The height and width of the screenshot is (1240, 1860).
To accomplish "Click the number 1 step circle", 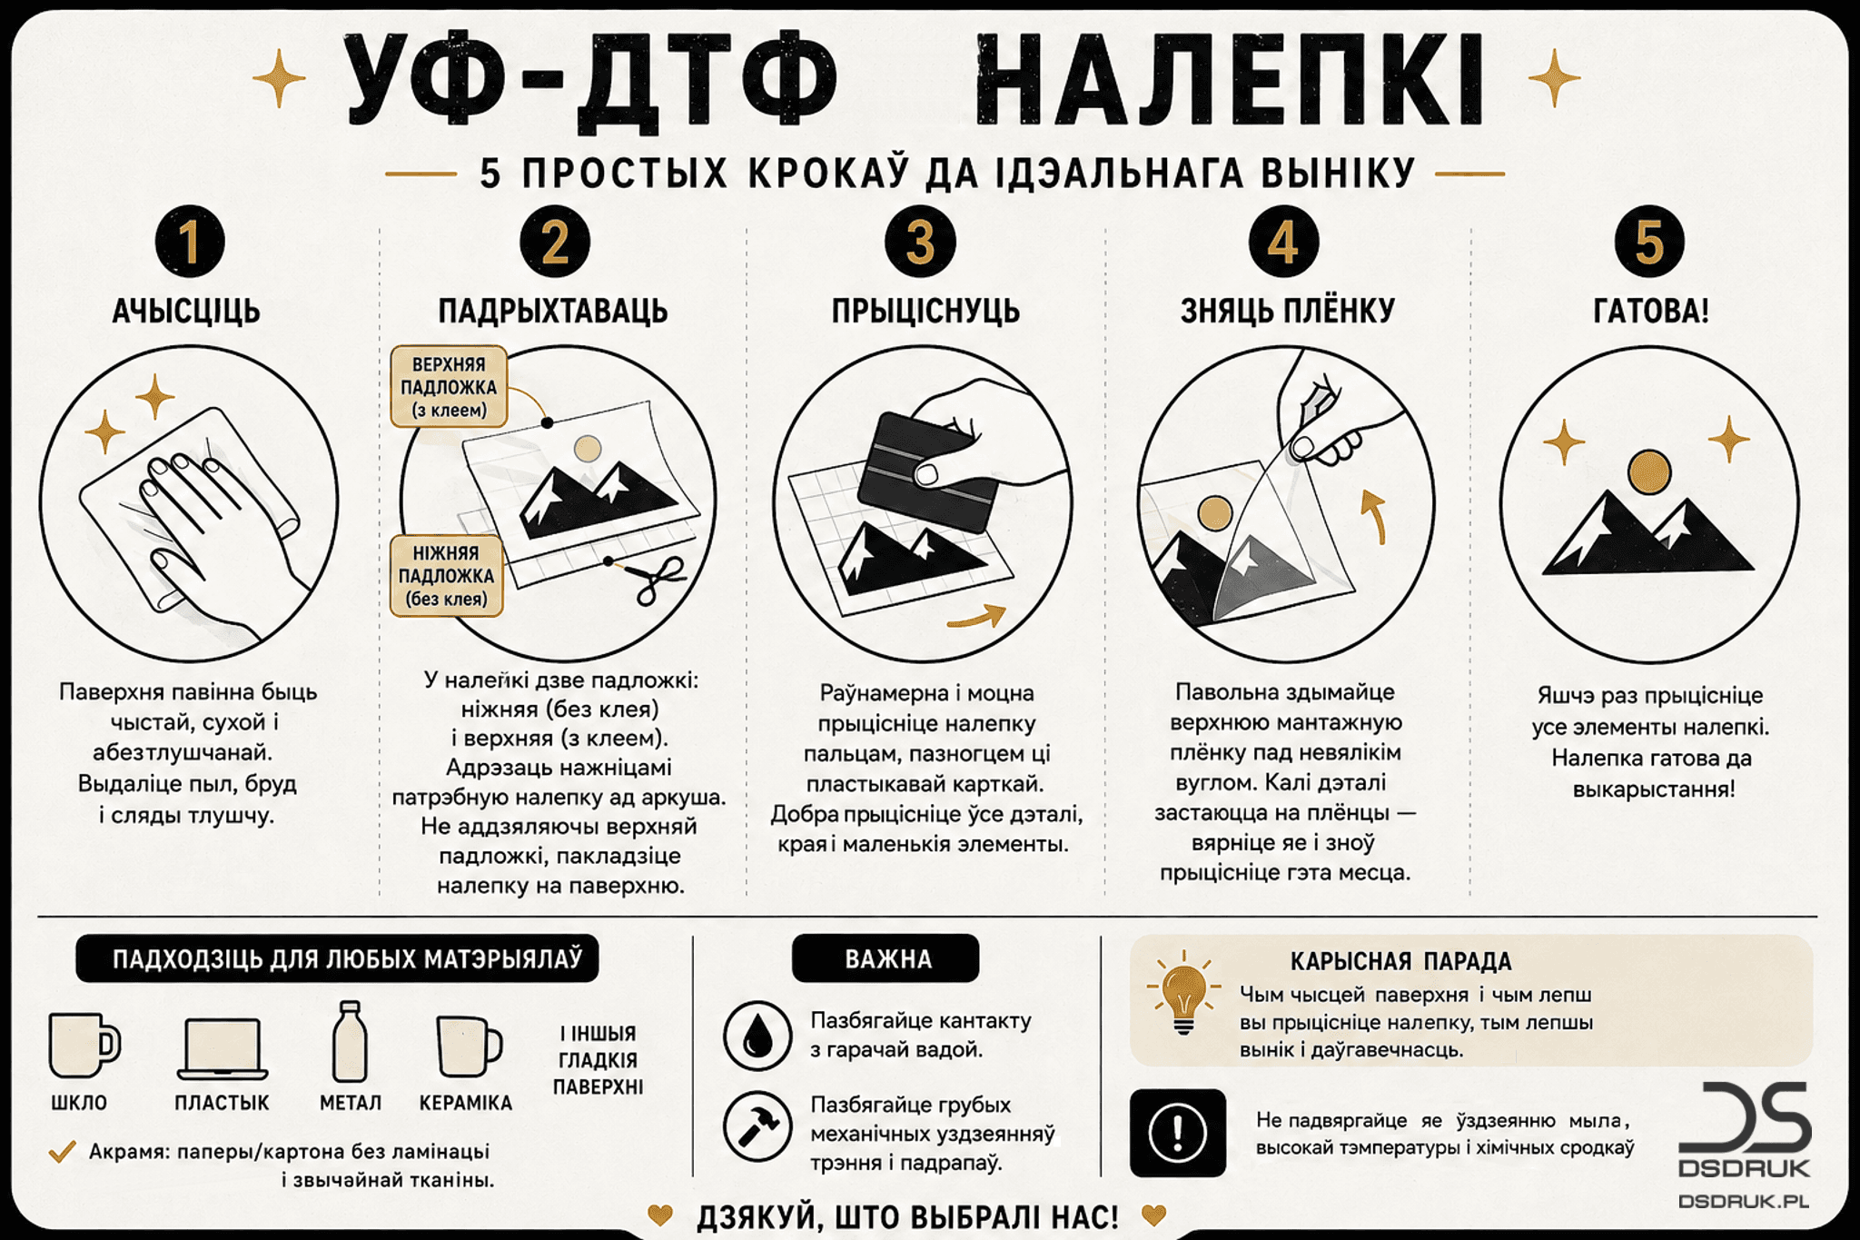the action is click(x=190, y=242).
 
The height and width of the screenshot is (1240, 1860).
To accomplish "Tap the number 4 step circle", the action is click(x=1283, y=242).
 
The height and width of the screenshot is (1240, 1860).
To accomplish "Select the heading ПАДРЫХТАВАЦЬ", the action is click(x=553, y=311).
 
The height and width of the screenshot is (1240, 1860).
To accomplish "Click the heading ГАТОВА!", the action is click(x=1651, y=311).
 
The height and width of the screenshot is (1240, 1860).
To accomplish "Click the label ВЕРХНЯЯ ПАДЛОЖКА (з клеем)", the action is click(x=449, y=387).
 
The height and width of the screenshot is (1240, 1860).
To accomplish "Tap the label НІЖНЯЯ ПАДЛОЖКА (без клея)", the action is click(x=446, y=576).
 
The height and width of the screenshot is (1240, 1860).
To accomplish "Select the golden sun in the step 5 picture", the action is click(x=1649, y=473).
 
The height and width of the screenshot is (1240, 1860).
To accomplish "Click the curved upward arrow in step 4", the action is click(x=1375, y=516).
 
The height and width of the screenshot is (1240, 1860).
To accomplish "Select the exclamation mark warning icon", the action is click(x=1178, y=1133).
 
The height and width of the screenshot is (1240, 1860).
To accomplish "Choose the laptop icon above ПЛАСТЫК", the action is click(x=223, y=1048).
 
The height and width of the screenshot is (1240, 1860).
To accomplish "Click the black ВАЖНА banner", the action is click(x=885, y=958).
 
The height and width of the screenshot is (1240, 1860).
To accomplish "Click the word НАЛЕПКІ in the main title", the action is click(x=1231, y=80).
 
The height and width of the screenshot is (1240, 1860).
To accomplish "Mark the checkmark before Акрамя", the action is click(x=62, y=1152).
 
